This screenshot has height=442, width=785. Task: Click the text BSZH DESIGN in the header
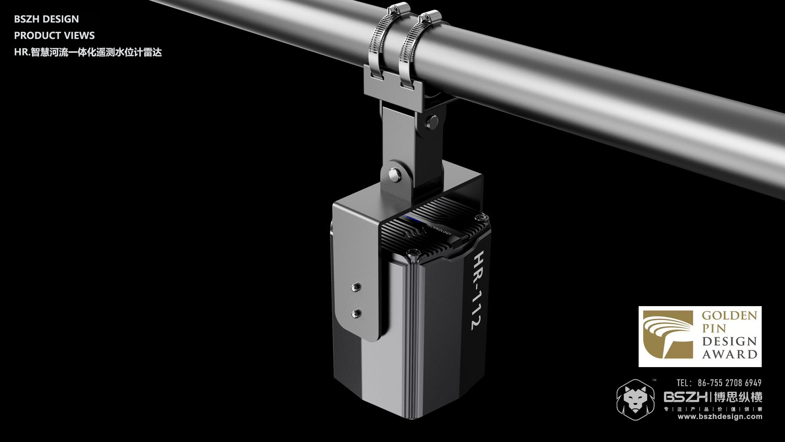point(46,19)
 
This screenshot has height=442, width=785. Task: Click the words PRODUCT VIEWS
point(54,36)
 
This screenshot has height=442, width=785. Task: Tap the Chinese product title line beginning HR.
point(88,52)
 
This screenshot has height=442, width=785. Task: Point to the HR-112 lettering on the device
point(476,291)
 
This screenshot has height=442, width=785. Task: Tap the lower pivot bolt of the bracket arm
point(394,174)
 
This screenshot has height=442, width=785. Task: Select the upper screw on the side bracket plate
point(355,287)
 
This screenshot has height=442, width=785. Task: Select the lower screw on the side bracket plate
point(355,313)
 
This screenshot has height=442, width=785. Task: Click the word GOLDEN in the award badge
point(729,316)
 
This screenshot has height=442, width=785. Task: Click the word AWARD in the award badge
point(729,354)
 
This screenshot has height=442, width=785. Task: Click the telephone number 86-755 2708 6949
point(729,383)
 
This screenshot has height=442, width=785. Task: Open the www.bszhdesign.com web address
point(720,417)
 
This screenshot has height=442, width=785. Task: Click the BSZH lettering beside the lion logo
point(685,397)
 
